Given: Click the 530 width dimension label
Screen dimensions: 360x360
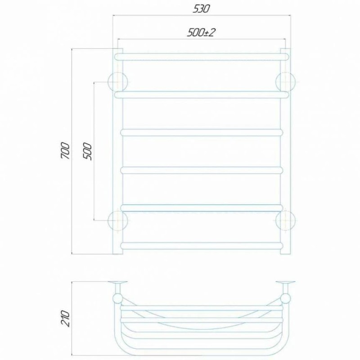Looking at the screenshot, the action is point(201,9).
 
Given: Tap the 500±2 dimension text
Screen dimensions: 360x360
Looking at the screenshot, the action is point(201,32).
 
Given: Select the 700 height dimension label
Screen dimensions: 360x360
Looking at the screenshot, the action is point(65,151).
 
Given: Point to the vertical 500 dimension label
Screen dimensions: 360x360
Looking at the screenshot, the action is point(87,151).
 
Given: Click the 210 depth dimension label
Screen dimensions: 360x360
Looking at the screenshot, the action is point(65,319).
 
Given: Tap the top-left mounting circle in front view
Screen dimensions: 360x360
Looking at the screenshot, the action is point(118,82).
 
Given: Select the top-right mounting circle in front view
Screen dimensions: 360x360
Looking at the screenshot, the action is point(285,82).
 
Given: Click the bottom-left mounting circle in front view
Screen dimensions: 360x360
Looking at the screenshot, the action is point(118,220).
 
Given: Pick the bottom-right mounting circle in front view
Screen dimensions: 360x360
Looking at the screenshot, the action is point(285,220).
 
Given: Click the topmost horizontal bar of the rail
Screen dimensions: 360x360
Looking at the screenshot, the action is point(202,57).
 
